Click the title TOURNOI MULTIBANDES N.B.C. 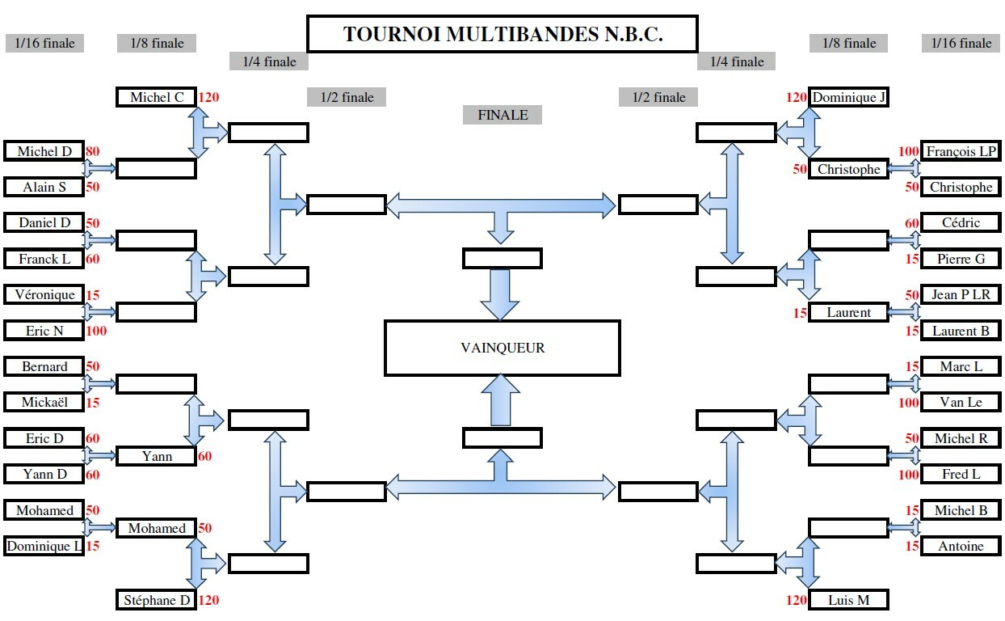click(502, 35)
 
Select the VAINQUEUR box click(502, 349)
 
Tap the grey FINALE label click(502, 115)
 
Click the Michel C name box click(156, 98)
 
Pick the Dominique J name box click(848, 98)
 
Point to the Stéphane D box click(156, 600)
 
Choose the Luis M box click(848, 600)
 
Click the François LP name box click(961, 151)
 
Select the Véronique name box click(44, 295)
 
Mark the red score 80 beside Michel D click(92, 151)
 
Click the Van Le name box click(961, 403)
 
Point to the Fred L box click(961, 475)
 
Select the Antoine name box click(961, 547)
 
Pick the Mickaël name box click(44, 403)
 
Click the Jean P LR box click(961, 295)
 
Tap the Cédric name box click(961, 223)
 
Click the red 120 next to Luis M click(796, 600)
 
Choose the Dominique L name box click(44, 547)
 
